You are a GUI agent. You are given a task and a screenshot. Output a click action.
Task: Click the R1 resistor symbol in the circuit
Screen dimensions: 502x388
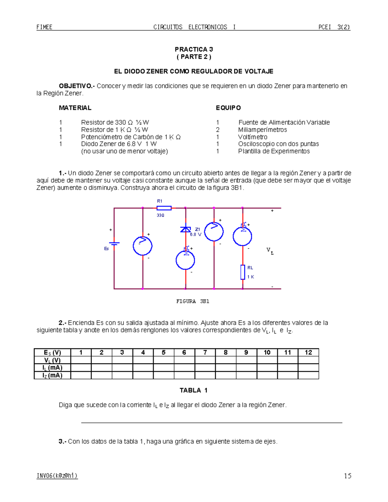pyautogui.click(x=164, y=208)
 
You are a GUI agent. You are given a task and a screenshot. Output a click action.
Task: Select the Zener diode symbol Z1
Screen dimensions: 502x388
pyautogui.click(x=185, y=229)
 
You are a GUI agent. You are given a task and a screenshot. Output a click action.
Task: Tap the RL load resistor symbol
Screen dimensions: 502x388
pyautogui.click(x=242, y=272)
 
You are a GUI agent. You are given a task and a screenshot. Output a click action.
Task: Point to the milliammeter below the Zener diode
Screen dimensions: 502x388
pyautogui.click(x=185, y=260)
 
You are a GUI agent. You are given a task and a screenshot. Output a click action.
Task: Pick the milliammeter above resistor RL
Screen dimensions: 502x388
pyautogui.click(x=242, y=236)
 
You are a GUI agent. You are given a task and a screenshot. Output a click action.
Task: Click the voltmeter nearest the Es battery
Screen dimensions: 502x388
pyautogui.click(x=143, y=246)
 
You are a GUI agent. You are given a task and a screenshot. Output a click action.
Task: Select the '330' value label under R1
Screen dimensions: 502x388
pyautogui.click(x=160, y=215)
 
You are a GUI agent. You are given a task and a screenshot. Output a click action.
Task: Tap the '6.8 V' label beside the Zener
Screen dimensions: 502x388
pyautogui.click(x=196, y=234)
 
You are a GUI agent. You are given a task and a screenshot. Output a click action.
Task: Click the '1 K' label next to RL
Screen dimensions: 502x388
pyautogui.click(x=251, y=277)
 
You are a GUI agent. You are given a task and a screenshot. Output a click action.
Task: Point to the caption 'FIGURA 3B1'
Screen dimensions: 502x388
pyautogui.click(x=193, y=301)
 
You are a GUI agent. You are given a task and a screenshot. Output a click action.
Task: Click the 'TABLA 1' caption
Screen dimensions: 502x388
pyautogui.click(x=193, y=390)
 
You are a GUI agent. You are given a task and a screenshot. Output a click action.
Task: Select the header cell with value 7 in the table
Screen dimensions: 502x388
pyautogui.click(x=205, y=352)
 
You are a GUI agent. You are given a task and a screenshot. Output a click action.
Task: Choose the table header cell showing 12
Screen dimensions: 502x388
pyautogui.click(x=308, y=352)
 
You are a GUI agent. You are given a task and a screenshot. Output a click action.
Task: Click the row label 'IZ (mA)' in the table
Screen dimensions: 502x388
pyautogui.click(x=52, y=375)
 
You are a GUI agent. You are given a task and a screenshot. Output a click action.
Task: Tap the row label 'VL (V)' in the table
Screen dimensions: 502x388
pyautogui.click(x=52, y=360)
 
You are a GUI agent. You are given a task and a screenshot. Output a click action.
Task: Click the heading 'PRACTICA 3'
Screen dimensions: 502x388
pyautogui.click(x=194, y=49)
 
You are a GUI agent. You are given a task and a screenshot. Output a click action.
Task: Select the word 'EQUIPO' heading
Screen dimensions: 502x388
pyautogui.click(x=228, y=108)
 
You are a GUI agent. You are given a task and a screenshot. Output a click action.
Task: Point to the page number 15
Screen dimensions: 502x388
pyautogui.click(x=348, y=476)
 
